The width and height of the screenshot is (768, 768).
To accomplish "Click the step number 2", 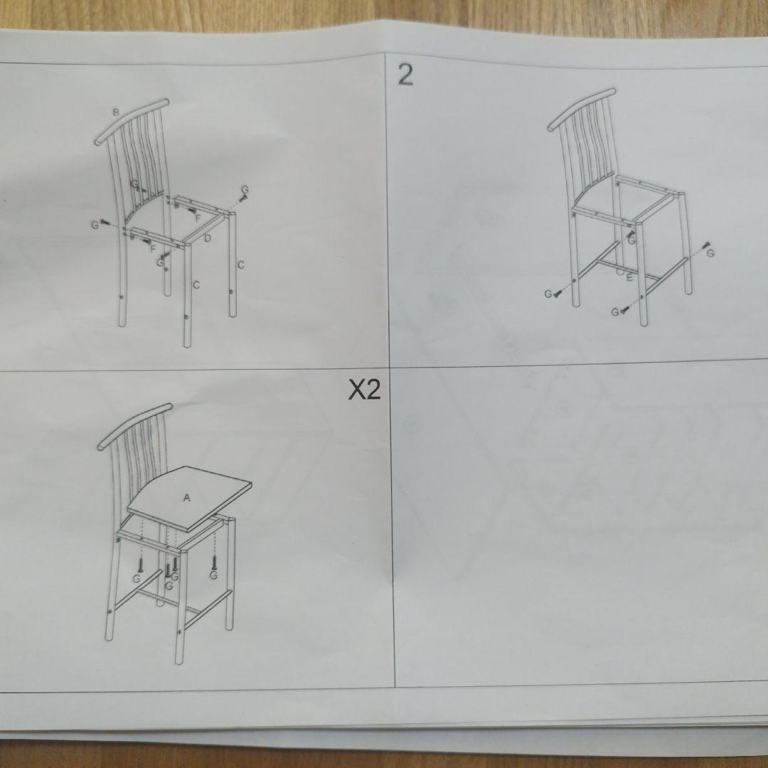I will point(405,75).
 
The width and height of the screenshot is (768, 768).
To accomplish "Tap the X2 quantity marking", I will point(363,390).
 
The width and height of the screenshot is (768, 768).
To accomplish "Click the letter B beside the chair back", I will point(114,112).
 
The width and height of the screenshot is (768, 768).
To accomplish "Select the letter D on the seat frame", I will point(208,238).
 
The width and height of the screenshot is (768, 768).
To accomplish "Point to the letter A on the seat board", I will point(187,498).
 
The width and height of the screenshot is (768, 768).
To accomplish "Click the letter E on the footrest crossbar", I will point(629,277).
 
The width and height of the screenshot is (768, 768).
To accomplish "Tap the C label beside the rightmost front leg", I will point(241,265).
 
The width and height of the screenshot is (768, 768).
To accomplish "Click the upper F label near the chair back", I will point(198,217).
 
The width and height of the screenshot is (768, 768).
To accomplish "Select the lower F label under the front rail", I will point(152,248).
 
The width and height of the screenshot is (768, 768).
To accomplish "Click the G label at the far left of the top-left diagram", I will point(94,225).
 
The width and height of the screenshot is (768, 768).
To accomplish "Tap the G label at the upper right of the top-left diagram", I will point(245,190).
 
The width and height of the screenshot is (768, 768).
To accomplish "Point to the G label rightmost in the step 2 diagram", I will point(710,253).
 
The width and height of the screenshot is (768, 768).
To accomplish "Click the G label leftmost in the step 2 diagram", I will point(548,294).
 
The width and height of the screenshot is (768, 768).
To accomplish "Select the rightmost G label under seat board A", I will point(213,575).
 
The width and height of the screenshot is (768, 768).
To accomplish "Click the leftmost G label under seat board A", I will point(136,579).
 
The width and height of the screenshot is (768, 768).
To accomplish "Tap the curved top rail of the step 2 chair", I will point(582,107).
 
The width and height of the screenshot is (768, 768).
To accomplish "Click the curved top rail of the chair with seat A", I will point(134,424).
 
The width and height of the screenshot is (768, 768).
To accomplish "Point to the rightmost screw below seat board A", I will point(214,562).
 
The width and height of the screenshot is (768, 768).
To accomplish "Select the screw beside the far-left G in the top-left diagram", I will point(106,222).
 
